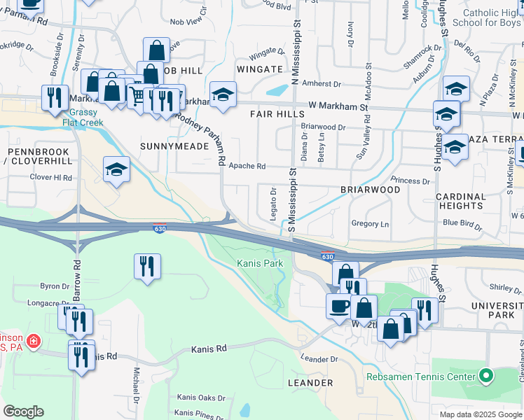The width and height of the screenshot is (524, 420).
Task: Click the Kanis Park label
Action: [x=260, y=263]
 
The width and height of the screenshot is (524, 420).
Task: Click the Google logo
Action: [x=23, y=411]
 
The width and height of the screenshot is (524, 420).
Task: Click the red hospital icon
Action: [x=34, y=342]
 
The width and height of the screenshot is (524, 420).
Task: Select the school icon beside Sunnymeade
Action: [x=116, y=169]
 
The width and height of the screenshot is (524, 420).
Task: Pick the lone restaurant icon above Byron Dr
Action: [x=147, y=266]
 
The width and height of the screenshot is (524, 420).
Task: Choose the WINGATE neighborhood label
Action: [x=259, y=69]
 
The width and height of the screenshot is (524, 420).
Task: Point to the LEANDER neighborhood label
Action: [x=310, y=383]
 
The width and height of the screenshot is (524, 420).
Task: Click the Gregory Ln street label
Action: [x=369, y=224]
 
